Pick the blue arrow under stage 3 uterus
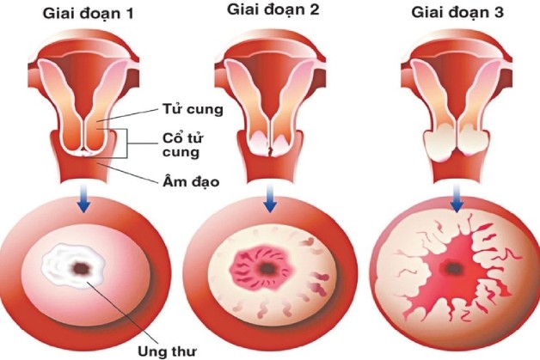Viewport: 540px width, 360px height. [455, 201]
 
